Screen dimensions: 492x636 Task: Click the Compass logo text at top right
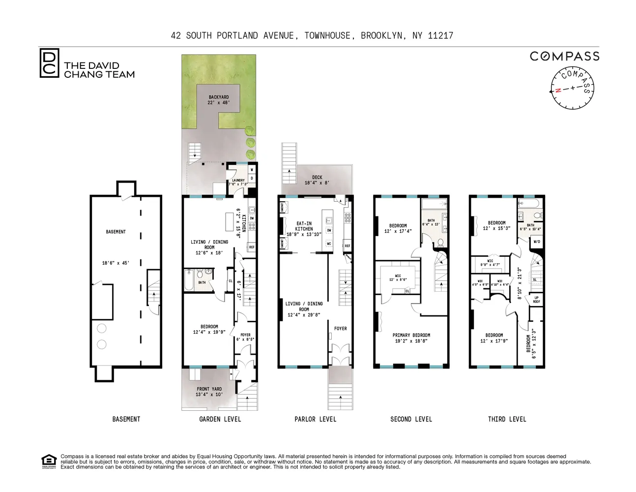click(564, 56)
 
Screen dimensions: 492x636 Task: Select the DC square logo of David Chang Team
click(49, 63)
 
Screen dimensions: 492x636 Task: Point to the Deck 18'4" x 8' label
click(317, 180)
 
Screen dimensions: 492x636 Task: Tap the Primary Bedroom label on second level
click(411, 338)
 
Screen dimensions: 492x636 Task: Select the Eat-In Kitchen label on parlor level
click(304, 229)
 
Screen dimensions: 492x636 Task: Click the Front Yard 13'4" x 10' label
click(209, 392)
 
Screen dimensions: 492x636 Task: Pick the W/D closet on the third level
click(536, 242)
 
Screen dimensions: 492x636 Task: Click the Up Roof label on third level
click(536, 300)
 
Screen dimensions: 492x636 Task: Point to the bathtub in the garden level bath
click(189, 282)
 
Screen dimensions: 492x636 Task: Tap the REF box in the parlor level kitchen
click(347, 246)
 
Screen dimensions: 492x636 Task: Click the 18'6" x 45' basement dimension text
click(116, 263)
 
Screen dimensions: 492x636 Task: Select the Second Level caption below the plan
click(411, 419)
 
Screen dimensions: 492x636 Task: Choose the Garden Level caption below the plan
click(220, 419)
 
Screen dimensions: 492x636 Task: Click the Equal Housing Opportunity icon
click(49, 461)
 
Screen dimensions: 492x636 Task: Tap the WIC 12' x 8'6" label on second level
click(399, 277)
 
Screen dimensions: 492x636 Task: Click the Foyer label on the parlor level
click(340, 329)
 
